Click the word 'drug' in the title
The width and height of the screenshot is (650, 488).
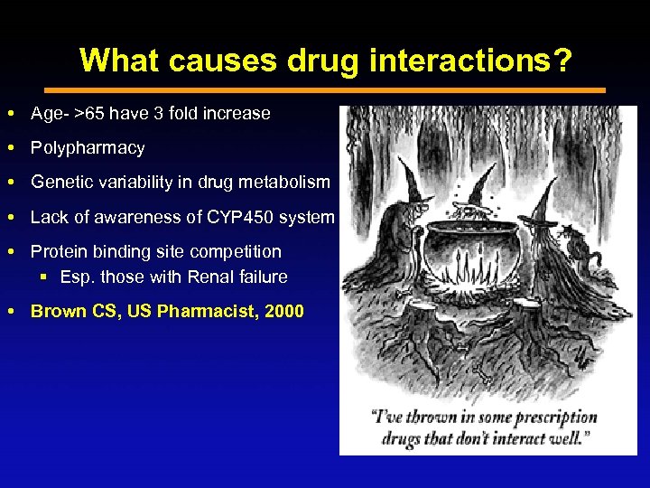[326, 61]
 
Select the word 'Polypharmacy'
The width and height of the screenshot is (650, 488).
[88, 147]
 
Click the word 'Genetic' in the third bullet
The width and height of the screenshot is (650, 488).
[60, 182]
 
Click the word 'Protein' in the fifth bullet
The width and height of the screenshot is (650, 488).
[60, 251]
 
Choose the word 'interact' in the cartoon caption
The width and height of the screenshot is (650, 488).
[513, 437]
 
